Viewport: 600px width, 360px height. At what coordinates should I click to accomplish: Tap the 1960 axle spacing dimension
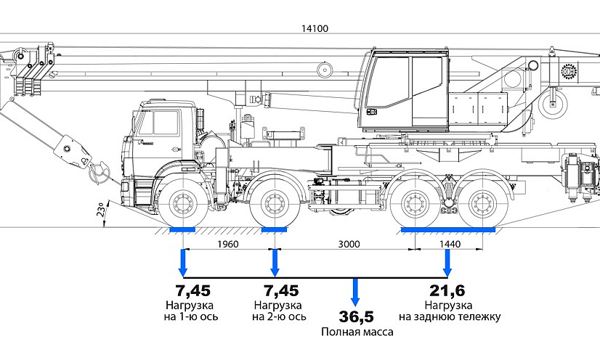[x=227, y=245]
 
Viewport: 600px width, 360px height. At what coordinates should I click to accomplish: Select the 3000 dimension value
[x=349, y=245]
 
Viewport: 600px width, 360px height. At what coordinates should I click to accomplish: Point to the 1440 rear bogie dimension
[x=450, y=245]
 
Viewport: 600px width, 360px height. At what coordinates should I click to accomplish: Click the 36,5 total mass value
[x=356, y=316]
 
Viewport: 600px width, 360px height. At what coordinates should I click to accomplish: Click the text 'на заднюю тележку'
[x=450, y=316]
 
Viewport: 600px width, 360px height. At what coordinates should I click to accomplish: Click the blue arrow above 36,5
[x=355, y=292]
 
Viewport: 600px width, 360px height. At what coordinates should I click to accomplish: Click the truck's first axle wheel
[x=181, y=203]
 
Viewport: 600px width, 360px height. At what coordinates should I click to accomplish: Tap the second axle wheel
[x=274, y=204]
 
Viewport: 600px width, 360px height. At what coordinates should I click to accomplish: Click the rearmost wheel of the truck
[x=481, y=204]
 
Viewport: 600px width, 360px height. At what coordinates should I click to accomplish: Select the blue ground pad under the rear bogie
[x=448, y=230]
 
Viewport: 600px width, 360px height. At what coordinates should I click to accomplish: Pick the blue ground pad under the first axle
[x=182, y=230]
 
